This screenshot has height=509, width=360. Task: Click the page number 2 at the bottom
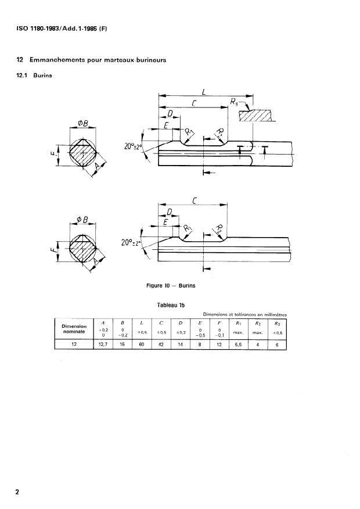click(17, 492)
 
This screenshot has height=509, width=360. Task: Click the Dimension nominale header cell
click(73, 329)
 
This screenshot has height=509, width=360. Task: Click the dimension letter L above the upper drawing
click(204, 91)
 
